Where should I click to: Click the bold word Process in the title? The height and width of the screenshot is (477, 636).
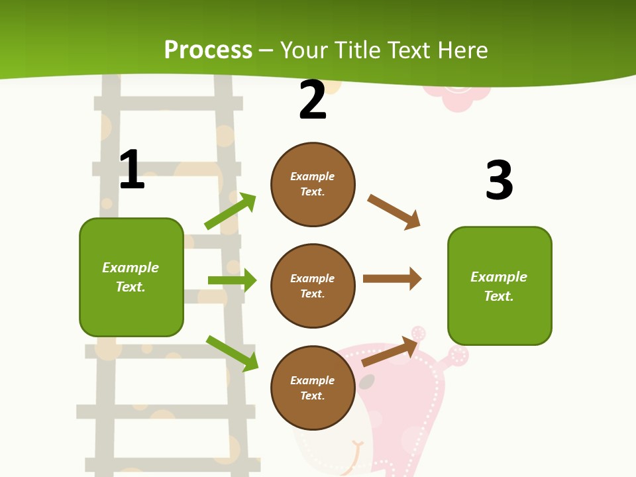pyautogui.click(x=208, y=50)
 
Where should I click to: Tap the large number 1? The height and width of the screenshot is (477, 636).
pyautogui.click(x=132, y=170)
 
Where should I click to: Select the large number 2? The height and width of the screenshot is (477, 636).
pyautogui.click(x=313, y=100)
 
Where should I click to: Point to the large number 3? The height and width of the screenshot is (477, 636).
pyautogui.click(x=499, y=180)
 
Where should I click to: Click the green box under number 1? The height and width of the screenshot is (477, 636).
pyautogui.click(x=131, y=277)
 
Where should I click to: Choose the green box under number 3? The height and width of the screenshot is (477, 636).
pyautogui.click(x=500, y=286)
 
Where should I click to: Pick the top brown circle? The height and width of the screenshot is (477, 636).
pyautogui.click(x=313, y=184)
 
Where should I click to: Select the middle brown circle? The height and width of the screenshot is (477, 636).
pyautogui.click(x=313, y=286)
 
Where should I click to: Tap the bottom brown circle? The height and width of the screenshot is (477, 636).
pyautogui.click(x=313, y=388)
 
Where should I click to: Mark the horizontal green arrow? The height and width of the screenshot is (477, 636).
pyautogui.click(x=232, y=280)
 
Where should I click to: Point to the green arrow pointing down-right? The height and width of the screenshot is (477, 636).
pyautogui.click(x=233, y=353)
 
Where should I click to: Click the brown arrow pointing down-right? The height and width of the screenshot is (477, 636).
pyautogui.click(x=394, y=212)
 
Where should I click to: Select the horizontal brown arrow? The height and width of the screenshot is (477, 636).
pyautogui.click(x=392, y=278)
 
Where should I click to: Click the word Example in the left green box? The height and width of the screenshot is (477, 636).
pyautogui.click(x=131, y=268)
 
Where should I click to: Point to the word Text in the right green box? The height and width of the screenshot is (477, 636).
pyautogui.click(x=498, y=296)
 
